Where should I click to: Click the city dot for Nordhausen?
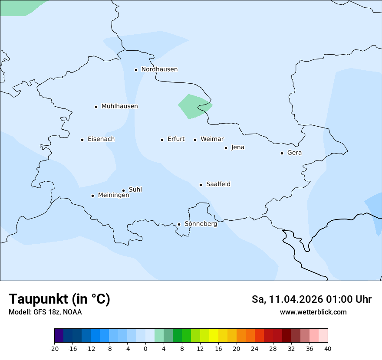136,70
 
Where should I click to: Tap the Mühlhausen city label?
119,106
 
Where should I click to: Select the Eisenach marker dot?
82,140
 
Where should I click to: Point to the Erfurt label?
176,139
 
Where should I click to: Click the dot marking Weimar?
195,140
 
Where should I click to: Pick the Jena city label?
237,147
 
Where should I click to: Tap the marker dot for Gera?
282,153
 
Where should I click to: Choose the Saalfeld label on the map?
218,184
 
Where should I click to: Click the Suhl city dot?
123,190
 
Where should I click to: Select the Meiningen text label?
113,195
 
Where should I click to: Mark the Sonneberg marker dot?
179,225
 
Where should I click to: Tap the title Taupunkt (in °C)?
59,299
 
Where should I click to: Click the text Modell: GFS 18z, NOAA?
45,312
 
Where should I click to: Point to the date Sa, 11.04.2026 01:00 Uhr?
311,299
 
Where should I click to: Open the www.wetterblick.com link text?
313,312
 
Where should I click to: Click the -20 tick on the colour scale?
54,349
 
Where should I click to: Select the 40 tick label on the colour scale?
328,349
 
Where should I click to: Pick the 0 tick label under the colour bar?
145,349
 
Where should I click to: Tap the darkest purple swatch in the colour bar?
59,336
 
